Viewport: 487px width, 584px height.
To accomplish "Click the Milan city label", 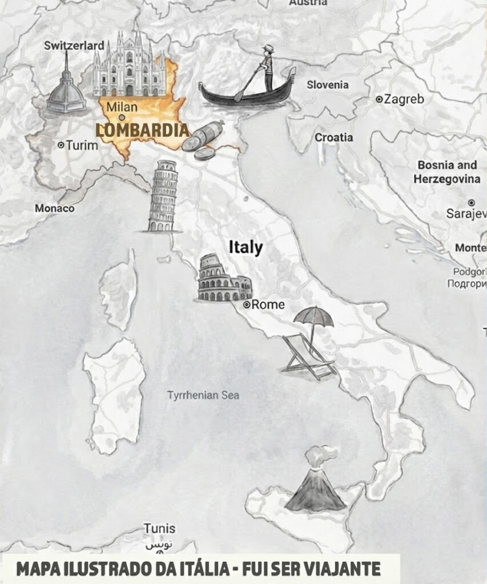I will pos(122,107).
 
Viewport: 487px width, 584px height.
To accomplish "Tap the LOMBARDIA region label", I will pos(142,130).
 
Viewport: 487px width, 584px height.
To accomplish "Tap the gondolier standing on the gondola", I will pos(268,67).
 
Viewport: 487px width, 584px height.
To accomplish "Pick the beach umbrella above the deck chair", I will pos(313,317).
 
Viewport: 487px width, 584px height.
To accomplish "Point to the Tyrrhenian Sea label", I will pos(203,395).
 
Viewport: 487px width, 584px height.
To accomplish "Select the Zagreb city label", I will pos(404,99).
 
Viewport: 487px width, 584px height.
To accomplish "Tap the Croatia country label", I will pos(333,137).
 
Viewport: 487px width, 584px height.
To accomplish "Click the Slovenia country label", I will pos(327,85).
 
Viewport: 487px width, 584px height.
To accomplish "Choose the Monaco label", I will pos(54,208).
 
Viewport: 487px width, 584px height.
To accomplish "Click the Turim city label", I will pos(82,145).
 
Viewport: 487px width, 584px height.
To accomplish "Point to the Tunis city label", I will pos(159,528).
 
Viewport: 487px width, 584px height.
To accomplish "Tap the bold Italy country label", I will pos(245,248).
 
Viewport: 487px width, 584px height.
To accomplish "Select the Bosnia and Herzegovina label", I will pos(448,172).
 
